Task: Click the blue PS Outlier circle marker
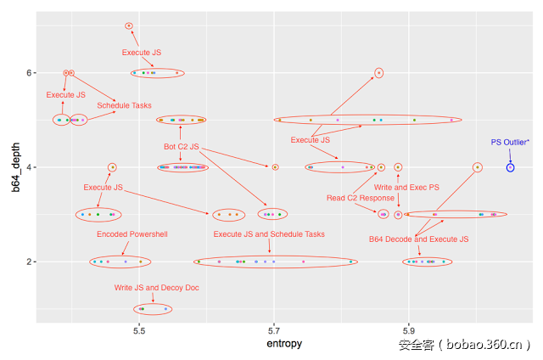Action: point(510,167)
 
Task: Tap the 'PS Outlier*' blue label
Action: point(510,143)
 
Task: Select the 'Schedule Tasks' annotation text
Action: point(124,106)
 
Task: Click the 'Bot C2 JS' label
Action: point(181,147)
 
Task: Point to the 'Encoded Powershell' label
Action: point(132,234)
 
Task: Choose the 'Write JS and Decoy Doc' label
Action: point(157,288)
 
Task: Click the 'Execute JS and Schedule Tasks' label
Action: point(269,234)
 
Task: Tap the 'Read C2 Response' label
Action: point(361,198)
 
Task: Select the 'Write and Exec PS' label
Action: point(406,187)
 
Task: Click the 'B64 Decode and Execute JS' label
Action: point(419,239)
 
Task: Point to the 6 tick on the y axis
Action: point(29,73)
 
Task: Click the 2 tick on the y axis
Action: point(29,262)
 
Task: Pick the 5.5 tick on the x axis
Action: point(140,329)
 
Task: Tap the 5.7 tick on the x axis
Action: point(275,329)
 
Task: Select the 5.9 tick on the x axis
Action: point(409,329)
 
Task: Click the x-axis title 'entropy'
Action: point(284,344)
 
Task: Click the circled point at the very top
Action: point(129,25)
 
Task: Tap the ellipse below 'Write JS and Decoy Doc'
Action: point(153,309)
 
